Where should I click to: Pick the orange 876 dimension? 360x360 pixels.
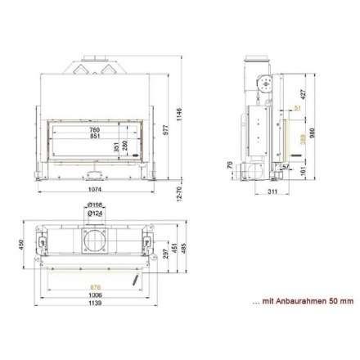96,286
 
